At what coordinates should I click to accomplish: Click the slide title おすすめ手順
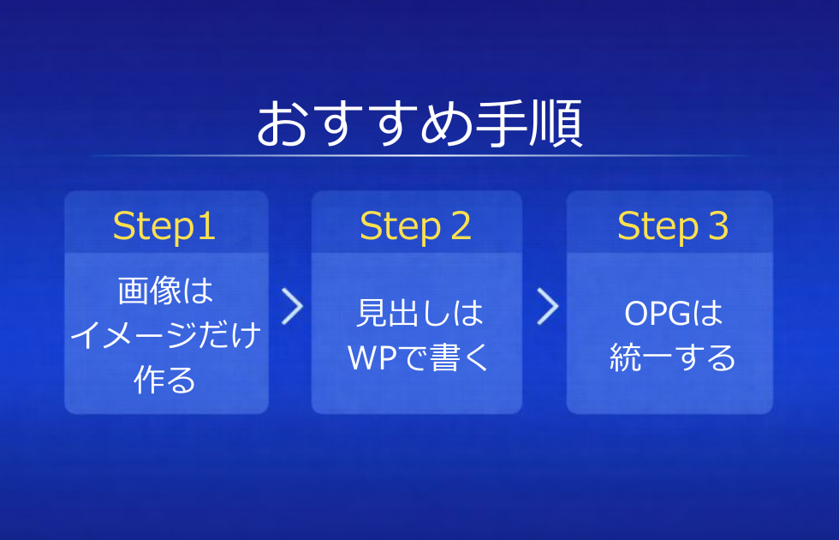pyautogui.click(x=419, y=124)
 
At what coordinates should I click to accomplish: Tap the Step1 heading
pyautogui.click(x=164, y=227)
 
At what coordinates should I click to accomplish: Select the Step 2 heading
pyautogui.click(x=416, y=227)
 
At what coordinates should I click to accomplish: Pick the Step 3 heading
pyautogui.click(x=673, y=227)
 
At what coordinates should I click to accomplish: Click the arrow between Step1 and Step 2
pyautogui.click(x=292, y=306)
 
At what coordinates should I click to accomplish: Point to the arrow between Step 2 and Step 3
pyautogui.click(x=547, y=306)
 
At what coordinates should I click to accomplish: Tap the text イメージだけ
pyautogui.click(x=165, y=336)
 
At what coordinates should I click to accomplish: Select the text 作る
pyautogui.click(x=165, y=380)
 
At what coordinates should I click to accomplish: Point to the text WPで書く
pyautogui.click(x=419, y=358)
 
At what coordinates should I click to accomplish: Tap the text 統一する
pyautogui.click(x=673, y=358)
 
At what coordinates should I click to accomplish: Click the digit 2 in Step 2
pyautogui.click(x=460, y=227)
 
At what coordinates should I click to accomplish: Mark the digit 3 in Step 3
pyautogui.click(x=717, y=227)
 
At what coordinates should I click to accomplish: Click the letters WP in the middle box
pyautogui.click(x=370, y=358)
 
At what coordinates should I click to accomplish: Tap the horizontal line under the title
pyautogui.click(x=419, y=156)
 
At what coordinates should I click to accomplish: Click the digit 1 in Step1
pyautogui.click(x=206, y=227)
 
